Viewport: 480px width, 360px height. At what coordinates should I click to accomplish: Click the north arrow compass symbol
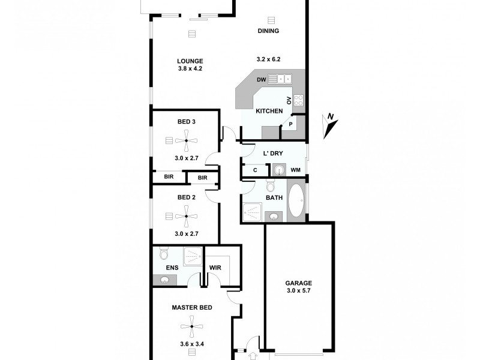point(330,124)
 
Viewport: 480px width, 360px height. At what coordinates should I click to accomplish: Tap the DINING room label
point(268,31)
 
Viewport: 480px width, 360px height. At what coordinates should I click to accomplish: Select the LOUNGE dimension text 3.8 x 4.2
point(190,68)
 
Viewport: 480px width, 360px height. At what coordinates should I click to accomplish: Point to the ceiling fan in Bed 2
point(187,215)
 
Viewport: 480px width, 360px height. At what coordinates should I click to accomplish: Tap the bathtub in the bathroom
point(296,201)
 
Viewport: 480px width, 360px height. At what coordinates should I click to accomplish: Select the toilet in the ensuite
point(164,253)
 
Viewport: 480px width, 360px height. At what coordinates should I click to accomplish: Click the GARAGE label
point(298,283)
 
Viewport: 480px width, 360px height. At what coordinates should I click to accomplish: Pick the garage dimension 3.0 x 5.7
point(298,292)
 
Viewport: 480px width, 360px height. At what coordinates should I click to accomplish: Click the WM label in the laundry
point(295,170)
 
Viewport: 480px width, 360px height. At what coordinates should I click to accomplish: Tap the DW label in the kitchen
point(261,79)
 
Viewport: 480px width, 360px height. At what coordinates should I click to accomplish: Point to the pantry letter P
point(290,124)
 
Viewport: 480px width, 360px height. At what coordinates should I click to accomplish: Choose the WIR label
point(215,268)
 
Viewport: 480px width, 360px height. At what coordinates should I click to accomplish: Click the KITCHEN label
point(269,112)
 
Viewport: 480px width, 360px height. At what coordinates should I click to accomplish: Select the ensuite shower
point(193,257)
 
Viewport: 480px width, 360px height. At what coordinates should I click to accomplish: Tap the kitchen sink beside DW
point(280,79)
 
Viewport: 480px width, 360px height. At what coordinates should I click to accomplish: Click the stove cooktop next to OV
point(298,100)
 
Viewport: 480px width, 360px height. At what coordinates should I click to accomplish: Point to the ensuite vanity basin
point(164,278)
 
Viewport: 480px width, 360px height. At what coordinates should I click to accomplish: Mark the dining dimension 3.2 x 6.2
point(268,59)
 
